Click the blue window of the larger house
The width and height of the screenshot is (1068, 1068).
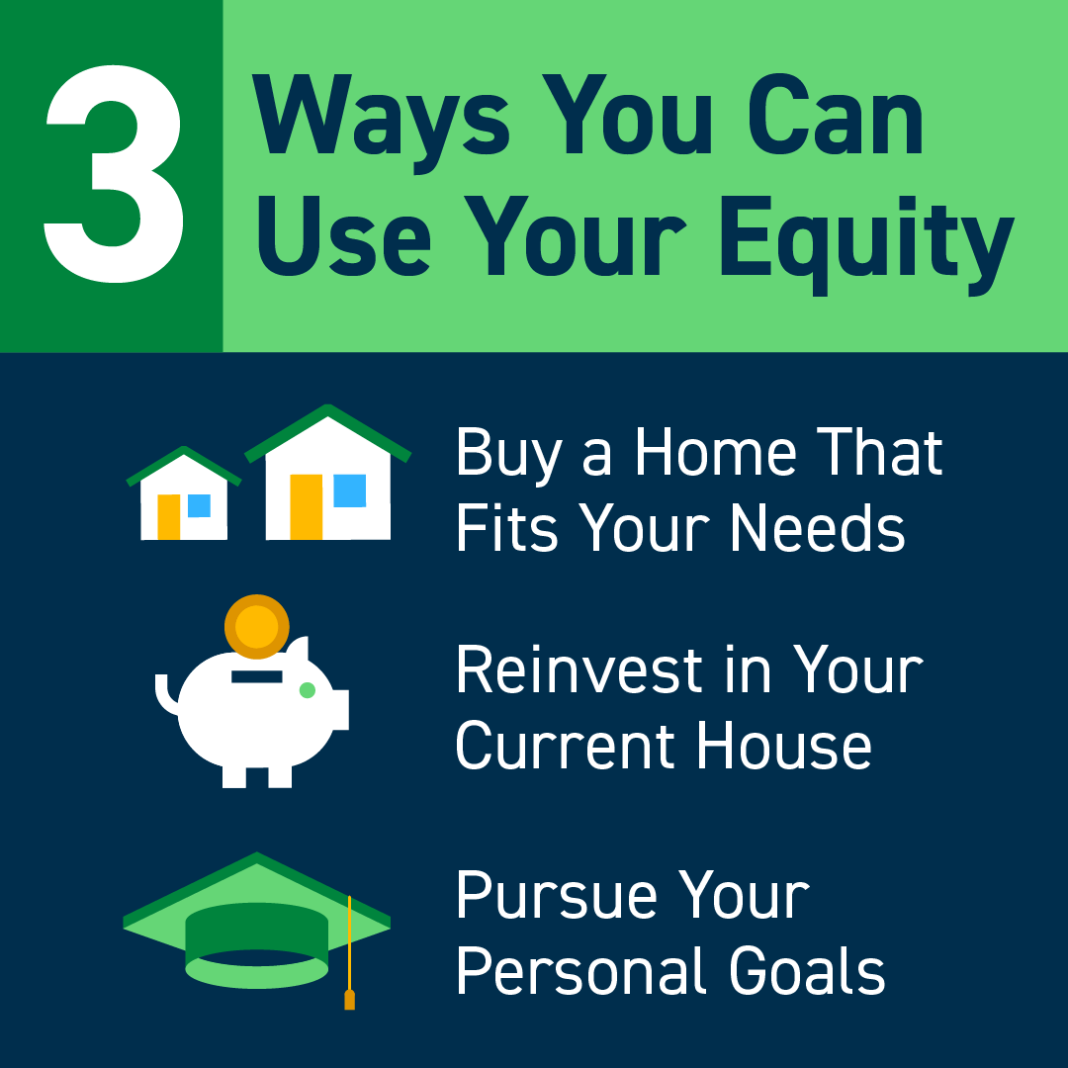tap(349, 490)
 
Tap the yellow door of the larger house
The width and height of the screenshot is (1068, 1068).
tap(307, 506)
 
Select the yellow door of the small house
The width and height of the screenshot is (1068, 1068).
tap(169, 515)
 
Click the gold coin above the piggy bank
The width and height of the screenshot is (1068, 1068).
tap(257, 626)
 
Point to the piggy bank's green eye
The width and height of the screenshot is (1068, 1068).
tap(308, 690)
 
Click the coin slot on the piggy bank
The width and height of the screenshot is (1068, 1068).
tap(256, 676)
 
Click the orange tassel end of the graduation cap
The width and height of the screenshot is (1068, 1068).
tap(349, 999)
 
